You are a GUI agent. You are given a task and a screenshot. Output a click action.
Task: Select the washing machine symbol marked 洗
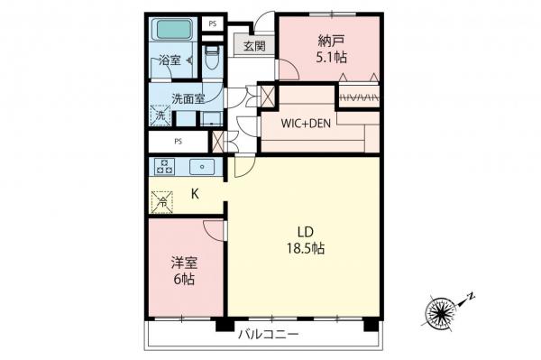click(x=160, y=115)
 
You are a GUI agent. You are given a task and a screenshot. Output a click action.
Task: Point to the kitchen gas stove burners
click(x=165, y=165)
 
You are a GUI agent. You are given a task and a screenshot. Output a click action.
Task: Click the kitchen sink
click(x=202, y=165)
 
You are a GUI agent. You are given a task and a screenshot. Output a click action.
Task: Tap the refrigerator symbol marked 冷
click(x=161, y=201)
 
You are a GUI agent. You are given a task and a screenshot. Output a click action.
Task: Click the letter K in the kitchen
click(x=195, y=191)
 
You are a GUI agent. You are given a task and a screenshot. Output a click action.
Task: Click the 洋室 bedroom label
click(x=185, y=263)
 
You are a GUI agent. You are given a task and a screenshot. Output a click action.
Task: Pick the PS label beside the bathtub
click(x=212, y=23)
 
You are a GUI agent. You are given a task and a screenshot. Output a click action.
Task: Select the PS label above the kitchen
click(x=179, y=141)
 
